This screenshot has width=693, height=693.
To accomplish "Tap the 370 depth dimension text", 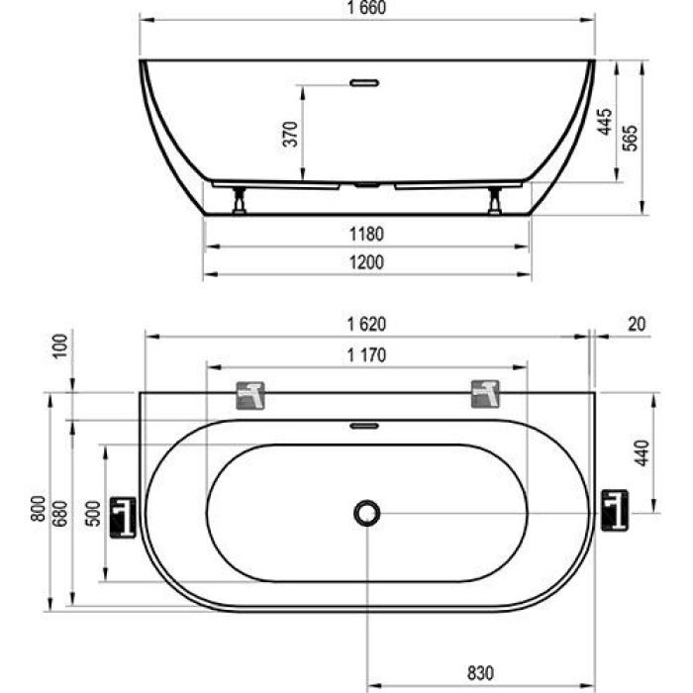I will point(290,133).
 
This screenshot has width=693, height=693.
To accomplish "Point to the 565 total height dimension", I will point(631,137).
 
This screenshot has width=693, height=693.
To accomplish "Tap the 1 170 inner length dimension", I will point(366,353).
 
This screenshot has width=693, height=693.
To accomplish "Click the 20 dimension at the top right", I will point(636,324).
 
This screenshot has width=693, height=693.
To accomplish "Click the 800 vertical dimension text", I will point(38,508).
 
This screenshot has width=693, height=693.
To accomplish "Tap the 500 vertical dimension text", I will point(91,513).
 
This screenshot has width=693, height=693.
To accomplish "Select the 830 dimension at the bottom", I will point(480,672).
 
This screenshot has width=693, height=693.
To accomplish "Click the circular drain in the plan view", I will point(367,512).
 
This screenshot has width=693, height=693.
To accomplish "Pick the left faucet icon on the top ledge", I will point(251,395).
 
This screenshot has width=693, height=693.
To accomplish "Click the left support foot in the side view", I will point(239,202).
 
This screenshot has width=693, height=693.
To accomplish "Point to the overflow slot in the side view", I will point(367,81).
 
